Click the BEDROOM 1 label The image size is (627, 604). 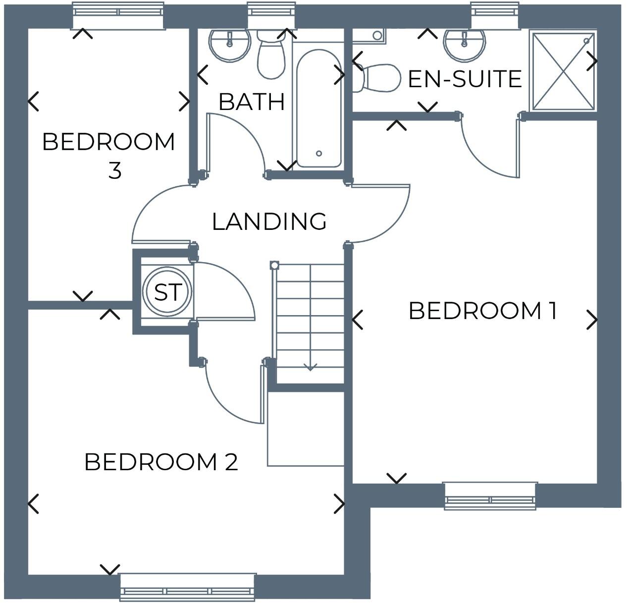[483, 311]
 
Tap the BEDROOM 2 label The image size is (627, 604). [161, 462]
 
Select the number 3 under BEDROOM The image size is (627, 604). [114, 171]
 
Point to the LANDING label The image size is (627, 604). [269, 221]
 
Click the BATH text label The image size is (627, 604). [252, 102]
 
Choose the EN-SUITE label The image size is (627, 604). [465, 79]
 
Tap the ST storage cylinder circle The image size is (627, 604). [167, 292]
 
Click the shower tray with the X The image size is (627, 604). [563, 70]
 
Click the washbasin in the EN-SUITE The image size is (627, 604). [464, 44]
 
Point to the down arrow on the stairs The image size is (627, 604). [310, 367]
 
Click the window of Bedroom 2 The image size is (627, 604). [188, 587]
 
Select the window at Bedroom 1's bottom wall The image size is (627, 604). [490, 496]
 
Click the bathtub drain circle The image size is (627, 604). [319, 154]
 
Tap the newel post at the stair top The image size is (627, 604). [275, 266]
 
